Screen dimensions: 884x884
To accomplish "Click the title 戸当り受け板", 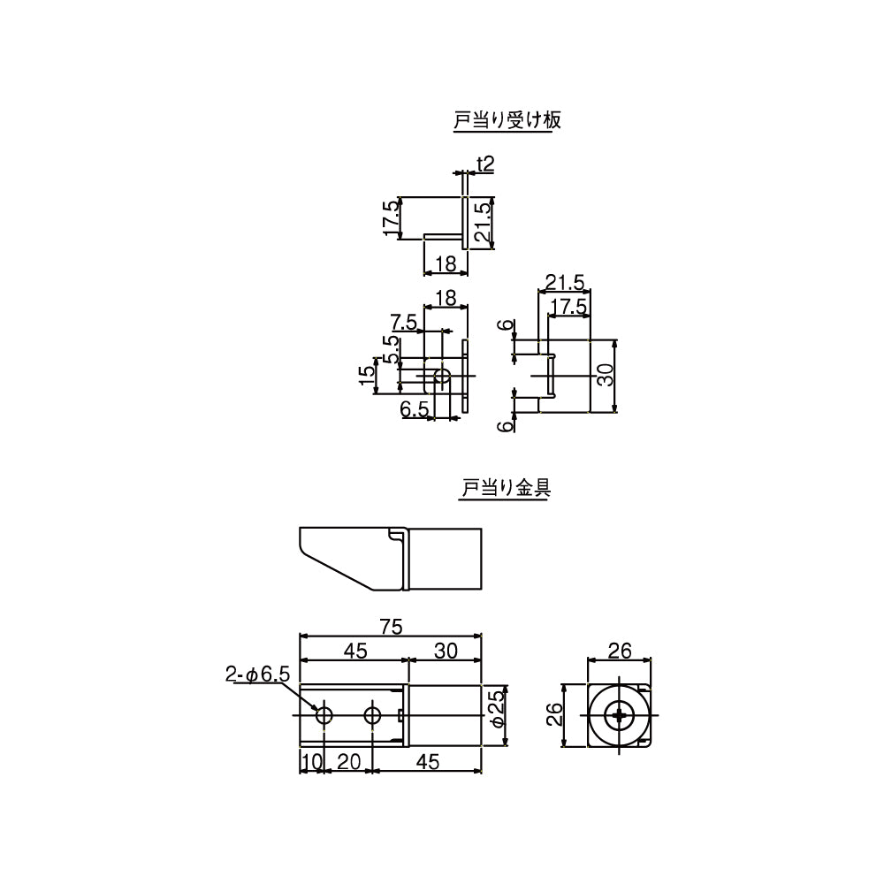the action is (x=507, y=120).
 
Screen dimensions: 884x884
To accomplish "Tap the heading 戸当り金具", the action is (x=506, y=488).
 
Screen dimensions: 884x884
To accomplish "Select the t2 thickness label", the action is (x=484, y=164).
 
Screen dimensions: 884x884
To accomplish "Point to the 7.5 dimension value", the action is (x=404, y=322).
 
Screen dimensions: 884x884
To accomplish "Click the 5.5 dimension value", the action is (x=392, y=349).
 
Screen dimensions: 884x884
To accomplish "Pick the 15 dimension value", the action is (x=367, y=375).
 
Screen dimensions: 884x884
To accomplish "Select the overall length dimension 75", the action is (x=391, y=627).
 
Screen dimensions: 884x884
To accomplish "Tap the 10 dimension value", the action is (x=310, y=762).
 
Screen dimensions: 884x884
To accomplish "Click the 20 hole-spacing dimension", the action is (x=348, y=762).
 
